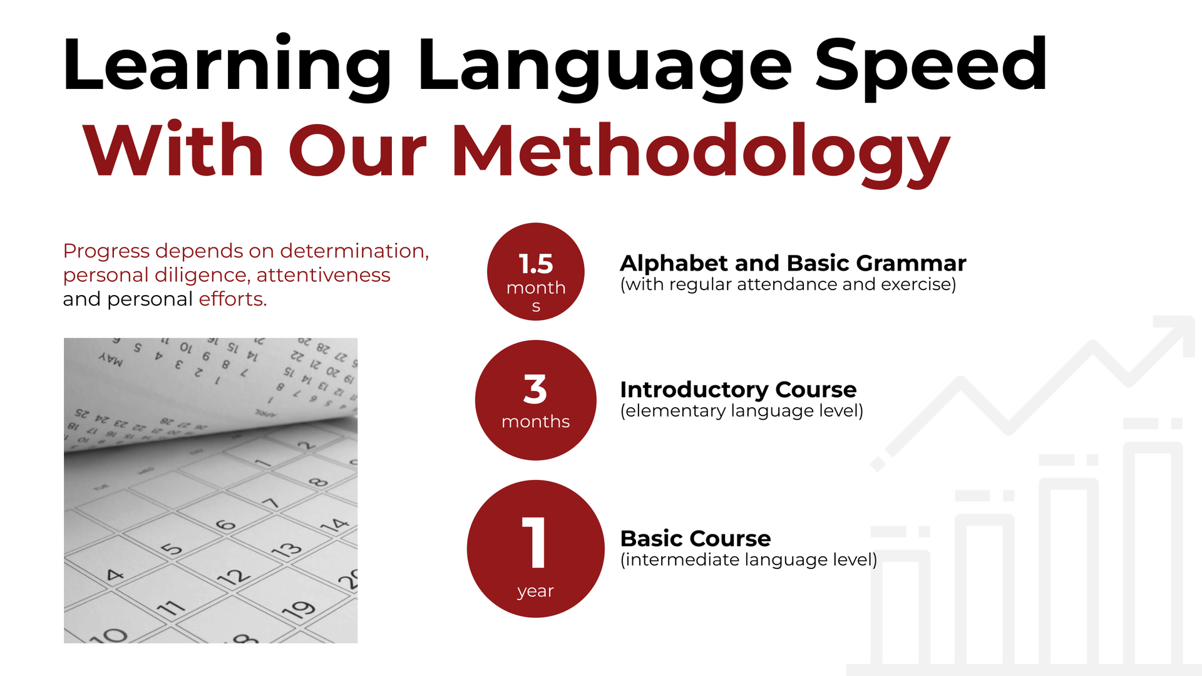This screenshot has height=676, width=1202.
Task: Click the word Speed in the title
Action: click(931, 65)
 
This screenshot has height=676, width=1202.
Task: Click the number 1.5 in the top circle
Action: click(536, 264)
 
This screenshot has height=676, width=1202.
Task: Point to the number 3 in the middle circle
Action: click(535, 389)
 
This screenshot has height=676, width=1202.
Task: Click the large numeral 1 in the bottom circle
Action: click(535, 543)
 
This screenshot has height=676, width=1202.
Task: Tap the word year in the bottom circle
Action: click(536, 591)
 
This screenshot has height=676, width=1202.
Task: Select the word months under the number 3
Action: click(536, 421)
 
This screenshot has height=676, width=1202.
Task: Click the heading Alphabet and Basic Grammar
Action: click(793, 263)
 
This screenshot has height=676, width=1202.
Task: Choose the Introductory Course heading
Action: click(738, 390)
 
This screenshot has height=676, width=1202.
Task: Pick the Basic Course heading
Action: click(696, 538)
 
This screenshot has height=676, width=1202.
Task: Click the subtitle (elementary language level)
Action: click(742, 411)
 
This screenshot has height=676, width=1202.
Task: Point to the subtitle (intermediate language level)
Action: click(749, 559)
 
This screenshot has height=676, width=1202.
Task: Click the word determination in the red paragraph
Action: click(354, 251)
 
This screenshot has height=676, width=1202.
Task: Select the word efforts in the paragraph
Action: click(233, 299)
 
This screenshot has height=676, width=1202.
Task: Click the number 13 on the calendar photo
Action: click(287, 550)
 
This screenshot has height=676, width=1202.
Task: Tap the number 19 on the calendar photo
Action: click(299, 610)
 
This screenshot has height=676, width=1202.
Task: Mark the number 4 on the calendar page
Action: click(115, 575)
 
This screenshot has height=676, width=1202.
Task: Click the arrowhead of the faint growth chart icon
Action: click(1177, 333)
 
